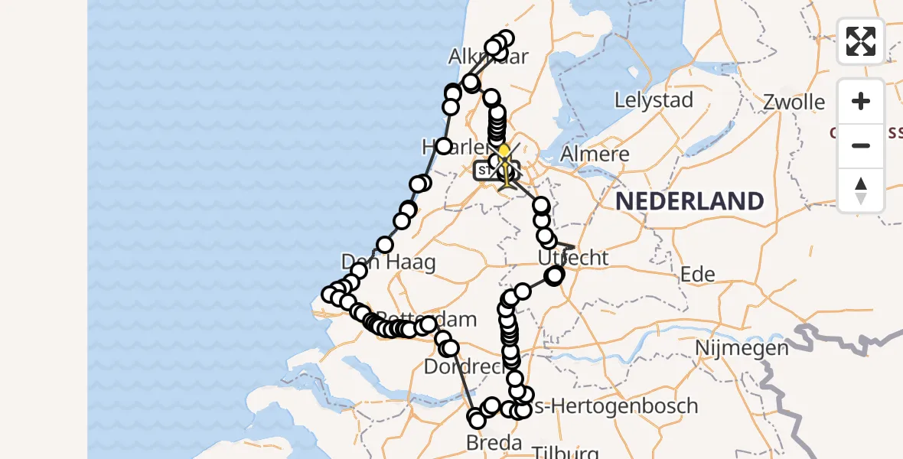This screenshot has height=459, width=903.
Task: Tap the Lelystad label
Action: pos(654,100)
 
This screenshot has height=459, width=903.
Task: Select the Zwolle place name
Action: pos(794,103)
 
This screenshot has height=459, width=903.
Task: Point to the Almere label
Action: pos(595,154)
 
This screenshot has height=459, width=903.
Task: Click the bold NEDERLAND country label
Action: pos(689,201)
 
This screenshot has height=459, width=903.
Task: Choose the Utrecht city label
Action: pos(573,258)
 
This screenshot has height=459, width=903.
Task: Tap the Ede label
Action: pos(697,275)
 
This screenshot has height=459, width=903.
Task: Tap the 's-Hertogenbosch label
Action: pos(616,405)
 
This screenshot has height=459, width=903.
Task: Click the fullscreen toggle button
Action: pos(861,41)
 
